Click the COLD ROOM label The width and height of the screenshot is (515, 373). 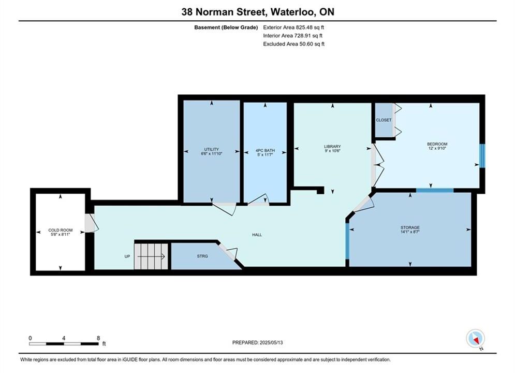coord(61,230)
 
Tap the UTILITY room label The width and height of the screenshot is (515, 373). coord(212,149)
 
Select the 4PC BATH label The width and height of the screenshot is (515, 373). coord(265,151)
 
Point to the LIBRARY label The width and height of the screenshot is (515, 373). coord(332,147)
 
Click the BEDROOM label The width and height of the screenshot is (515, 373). coord(437,144)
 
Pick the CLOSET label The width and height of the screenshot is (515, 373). coord(384,120)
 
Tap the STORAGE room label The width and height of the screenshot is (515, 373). coord(410,227)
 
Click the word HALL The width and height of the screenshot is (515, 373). coord(257,235)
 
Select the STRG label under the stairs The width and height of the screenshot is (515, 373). coord(202,256)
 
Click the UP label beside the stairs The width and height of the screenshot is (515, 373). coord(127,256)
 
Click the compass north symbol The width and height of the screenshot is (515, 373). coord(475,338)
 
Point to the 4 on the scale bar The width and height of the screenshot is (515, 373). coord(64,338)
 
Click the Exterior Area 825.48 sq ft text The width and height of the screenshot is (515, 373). coord(293,27)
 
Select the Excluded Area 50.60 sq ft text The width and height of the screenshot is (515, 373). coord(293,44)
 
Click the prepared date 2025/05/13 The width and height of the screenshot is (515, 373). coord(271,342)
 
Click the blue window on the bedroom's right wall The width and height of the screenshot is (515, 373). coord(482,156)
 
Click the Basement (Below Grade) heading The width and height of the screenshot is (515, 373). coord(226,27)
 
